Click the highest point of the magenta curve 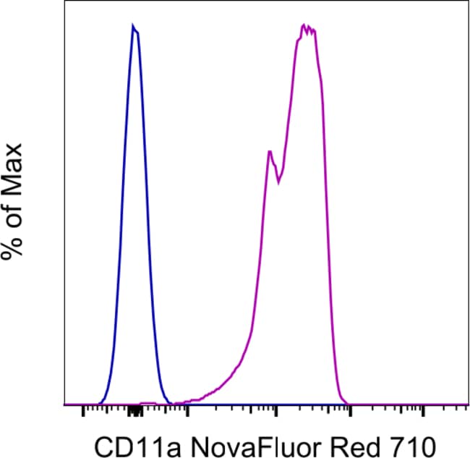point(304,25)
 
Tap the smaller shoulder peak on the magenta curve point(268,151)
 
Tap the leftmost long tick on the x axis point(83,413)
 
